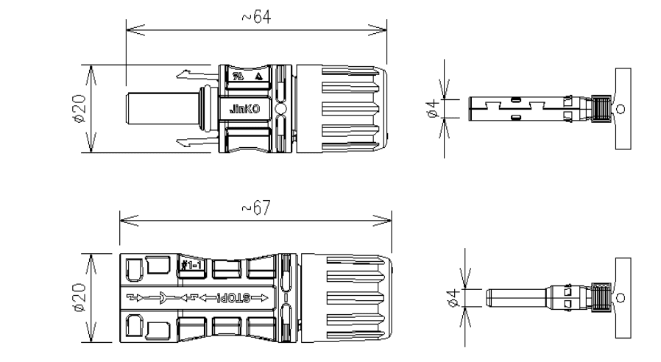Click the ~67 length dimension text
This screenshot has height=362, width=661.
(257, 208)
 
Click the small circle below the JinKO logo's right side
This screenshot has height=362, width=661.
(280, 110)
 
